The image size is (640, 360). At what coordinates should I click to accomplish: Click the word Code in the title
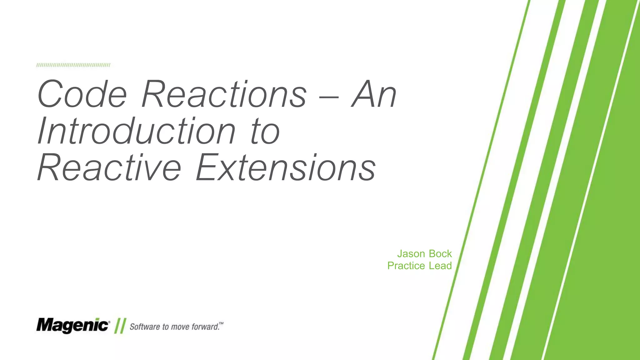point(82,94)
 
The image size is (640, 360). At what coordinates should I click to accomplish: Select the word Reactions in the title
point(224,94)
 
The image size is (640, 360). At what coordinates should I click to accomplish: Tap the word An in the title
point(374,94)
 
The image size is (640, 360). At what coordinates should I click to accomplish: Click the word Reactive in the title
point(109,167)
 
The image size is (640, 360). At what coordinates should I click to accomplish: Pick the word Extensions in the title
point(286,167)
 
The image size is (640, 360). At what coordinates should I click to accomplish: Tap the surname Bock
point(440,254)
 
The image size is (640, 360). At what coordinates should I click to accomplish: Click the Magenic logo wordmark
point(72,326)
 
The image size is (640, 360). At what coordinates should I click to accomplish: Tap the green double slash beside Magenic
point(120,326)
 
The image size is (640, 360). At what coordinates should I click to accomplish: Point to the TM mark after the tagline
point(221,323)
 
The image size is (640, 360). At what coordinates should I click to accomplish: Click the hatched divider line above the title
point(73,65)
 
